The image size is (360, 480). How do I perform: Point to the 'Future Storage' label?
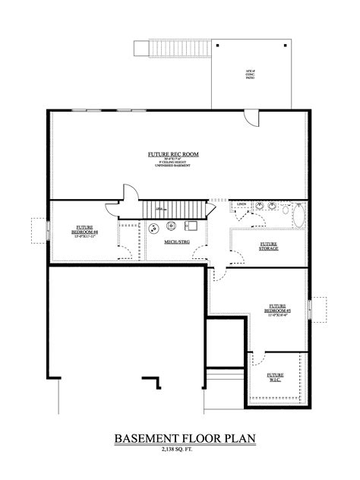[x=267, y=245]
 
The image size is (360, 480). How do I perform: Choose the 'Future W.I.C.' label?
[x=275, y=377]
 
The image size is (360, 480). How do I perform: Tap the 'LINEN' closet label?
[x=241, y=205]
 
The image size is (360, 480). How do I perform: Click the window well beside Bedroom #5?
[x=320, y=307]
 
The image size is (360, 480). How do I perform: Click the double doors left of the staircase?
[x=122, y=196]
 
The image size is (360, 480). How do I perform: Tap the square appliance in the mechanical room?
[x=191, y=226]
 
